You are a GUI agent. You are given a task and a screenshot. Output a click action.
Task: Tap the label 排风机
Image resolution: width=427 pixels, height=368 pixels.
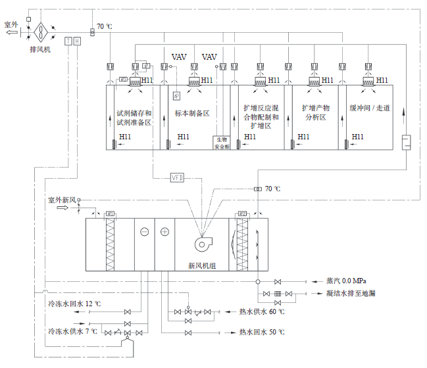click(x=40, y=49)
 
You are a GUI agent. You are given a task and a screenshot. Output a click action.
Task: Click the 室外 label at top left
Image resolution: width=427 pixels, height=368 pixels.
click(x=12, y=24)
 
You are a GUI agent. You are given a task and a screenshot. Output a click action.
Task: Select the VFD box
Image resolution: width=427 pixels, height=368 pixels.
click(x=177, y=177)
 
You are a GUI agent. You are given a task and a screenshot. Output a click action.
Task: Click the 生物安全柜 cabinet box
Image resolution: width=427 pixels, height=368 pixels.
click(x=221, y=143)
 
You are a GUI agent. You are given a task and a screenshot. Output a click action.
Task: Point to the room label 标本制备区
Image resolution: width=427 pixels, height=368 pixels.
click(x=191, y=113)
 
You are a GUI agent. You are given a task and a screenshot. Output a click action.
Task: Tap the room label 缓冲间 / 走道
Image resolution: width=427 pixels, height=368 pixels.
click(x=369, y=108)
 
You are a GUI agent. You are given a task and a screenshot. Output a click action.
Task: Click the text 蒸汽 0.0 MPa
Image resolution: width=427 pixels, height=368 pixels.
click(x=346, y=281)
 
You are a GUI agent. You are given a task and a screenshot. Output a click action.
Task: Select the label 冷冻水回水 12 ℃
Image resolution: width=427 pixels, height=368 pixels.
click(x=73, y=304)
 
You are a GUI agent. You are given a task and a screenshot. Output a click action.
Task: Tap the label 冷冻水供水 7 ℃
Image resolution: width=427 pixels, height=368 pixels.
click(x=72, y=331)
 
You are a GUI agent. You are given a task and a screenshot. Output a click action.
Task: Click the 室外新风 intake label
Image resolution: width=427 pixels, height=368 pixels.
click(x=63, y=199)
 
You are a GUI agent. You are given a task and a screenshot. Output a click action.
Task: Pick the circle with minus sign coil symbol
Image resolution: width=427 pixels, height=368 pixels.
click(x=145, y=231)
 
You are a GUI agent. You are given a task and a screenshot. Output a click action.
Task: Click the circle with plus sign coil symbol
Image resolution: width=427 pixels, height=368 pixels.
click(x=164, y=231)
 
